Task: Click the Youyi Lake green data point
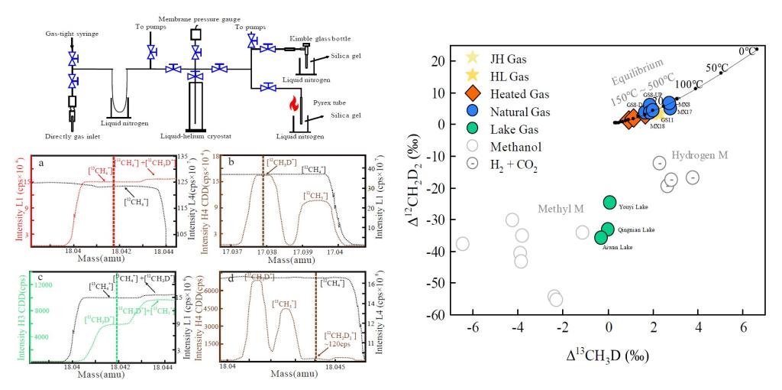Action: [x=609, y=202]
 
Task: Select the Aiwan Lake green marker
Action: [x=602, y=238]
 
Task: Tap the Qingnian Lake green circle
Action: [x=608, y=229]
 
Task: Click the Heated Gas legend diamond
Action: [x=472, y=93]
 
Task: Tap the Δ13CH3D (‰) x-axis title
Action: [x=606, y=355]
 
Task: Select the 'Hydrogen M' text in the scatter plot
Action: [x=700, y=156]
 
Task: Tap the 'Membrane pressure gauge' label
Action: [x=195, y=18]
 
